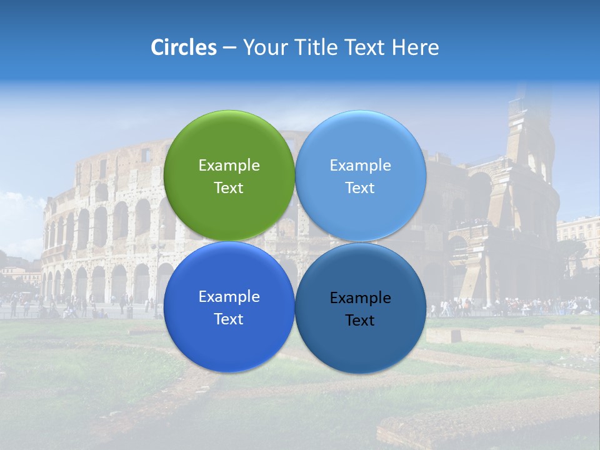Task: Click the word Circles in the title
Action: pyautogui.click(x=183, y=47)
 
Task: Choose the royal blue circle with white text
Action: pyautogui.click(x=229, y=341)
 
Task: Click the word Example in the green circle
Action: pyautogui.click(x=229, y=166)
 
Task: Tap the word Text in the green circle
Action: pyautogui.click(x=229, y=188)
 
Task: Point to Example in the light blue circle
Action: pyautogui.click(x=361, y=166)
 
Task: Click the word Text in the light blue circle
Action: pyautogui.click(x=360, y=188)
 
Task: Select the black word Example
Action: pyautogui.click(x=361, y=298)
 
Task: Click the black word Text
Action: pyautogui.click(x=360, y=321)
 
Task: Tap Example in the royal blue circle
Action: pyautogui.click(x=229, y=297)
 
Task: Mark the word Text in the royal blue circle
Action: pyautogui.click(x=229, y=319)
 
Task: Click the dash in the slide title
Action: pyautogui.click(x=229, y=48)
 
